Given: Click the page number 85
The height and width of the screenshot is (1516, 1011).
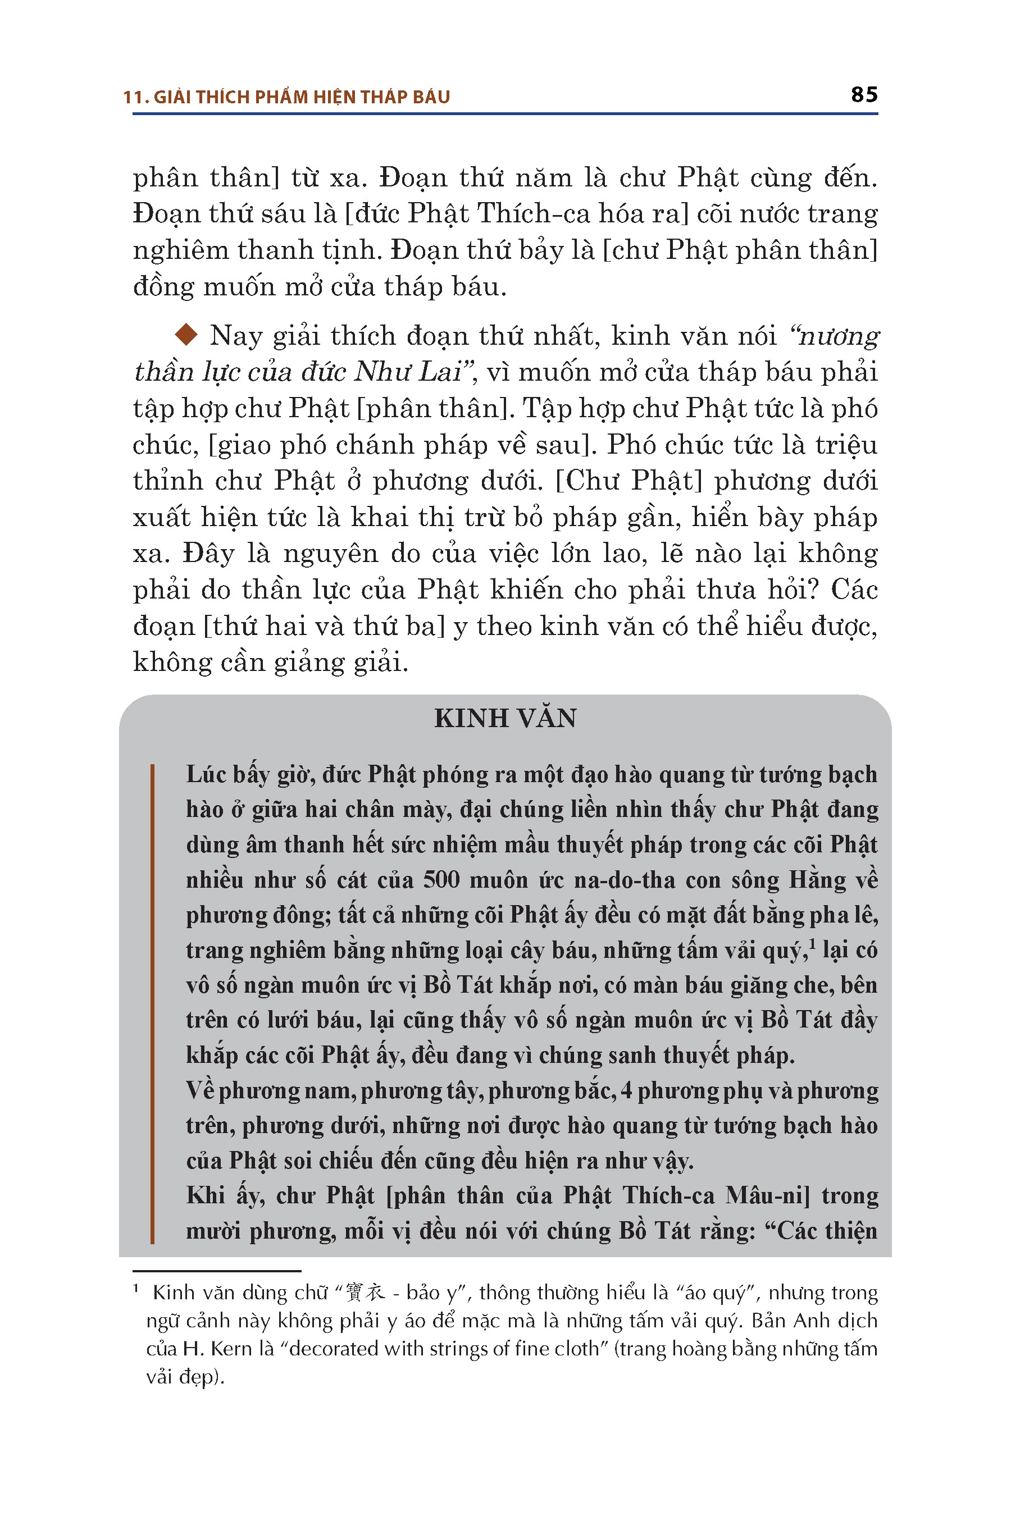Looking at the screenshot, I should click(864, 95).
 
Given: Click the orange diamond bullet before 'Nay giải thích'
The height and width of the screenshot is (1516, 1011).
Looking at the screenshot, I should click(186, 335).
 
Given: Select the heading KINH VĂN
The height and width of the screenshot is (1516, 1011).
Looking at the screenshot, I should click(505, 718).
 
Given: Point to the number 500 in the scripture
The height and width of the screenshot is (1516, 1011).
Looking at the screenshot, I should click(441, 880).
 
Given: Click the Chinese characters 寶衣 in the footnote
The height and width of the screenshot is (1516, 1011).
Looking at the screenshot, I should click(366, 1292).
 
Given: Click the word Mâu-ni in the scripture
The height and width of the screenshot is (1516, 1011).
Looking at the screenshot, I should click(767, 1195).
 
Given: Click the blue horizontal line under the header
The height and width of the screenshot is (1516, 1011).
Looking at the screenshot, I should click(505, 114).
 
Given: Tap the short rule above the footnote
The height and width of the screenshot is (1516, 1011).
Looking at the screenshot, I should click(217, 1271).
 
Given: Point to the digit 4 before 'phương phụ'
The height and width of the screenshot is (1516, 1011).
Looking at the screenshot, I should click(626, 1090).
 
